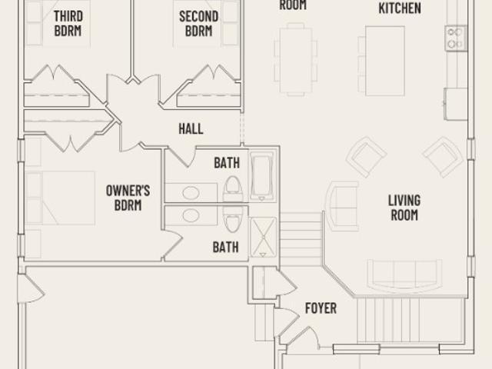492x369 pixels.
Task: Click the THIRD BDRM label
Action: coord(68,24)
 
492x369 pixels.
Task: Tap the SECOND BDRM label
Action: coord(198,24)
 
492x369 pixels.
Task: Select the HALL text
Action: coord(191,128)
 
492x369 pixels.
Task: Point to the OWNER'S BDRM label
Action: coord(128,198)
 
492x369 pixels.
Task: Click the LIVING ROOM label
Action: coord(404,208)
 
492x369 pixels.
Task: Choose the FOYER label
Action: coord(321,308)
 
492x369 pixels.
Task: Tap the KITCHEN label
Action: coord(400,8)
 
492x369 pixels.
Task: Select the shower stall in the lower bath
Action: coord(263,238)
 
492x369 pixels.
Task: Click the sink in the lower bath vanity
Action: coord(191,215)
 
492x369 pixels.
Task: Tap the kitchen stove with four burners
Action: coord(456,38)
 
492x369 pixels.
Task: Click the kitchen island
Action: coord(385,61)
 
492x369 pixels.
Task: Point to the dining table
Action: coord(296,60)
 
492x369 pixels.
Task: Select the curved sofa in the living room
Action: coord(404,276)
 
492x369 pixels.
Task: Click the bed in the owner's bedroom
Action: coord(61,198)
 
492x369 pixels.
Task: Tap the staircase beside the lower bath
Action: coord(301,238)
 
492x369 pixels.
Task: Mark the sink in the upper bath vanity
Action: coord(191,193)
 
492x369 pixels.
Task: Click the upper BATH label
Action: coord(227,163)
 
